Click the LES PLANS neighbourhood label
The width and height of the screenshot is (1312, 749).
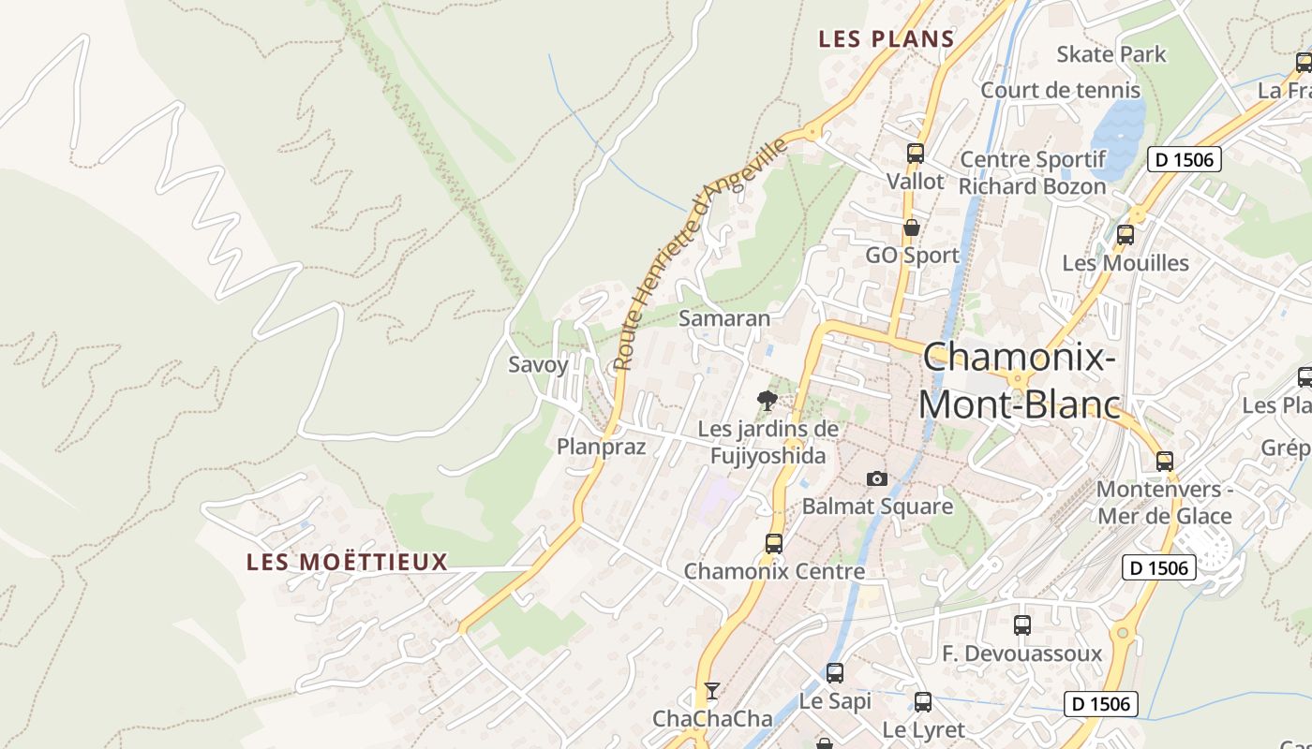886,39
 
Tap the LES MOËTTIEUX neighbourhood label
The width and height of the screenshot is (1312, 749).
347,562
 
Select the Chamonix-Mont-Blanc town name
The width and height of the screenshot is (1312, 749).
1020,381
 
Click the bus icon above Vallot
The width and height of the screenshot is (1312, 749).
916,153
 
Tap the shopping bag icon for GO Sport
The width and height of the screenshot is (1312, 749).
911,227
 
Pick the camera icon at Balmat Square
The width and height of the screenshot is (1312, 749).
877,478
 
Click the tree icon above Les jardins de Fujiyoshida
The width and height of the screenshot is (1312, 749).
768,401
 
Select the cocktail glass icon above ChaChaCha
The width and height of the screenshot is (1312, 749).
712,691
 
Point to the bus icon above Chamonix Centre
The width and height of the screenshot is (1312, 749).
774,543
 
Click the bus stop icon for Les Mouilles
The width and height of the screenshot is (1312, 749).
1126,235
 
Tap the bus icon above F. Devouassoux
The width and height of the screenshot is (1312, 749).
1022,624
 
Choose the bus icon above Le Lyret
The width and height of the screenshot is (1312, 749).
923,701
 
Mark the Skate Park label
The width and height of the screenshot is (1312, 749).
1111,54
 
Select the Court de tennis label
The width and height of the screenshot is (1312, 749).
1060,91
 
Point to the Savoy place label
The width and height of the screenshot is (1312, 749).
538,365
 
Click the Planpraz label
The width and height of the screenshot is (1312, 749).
602,447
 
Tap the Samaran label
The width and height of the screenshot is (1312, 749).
724,318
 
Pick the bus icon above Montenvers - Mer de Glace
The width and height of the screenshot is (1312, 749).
1165,461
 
